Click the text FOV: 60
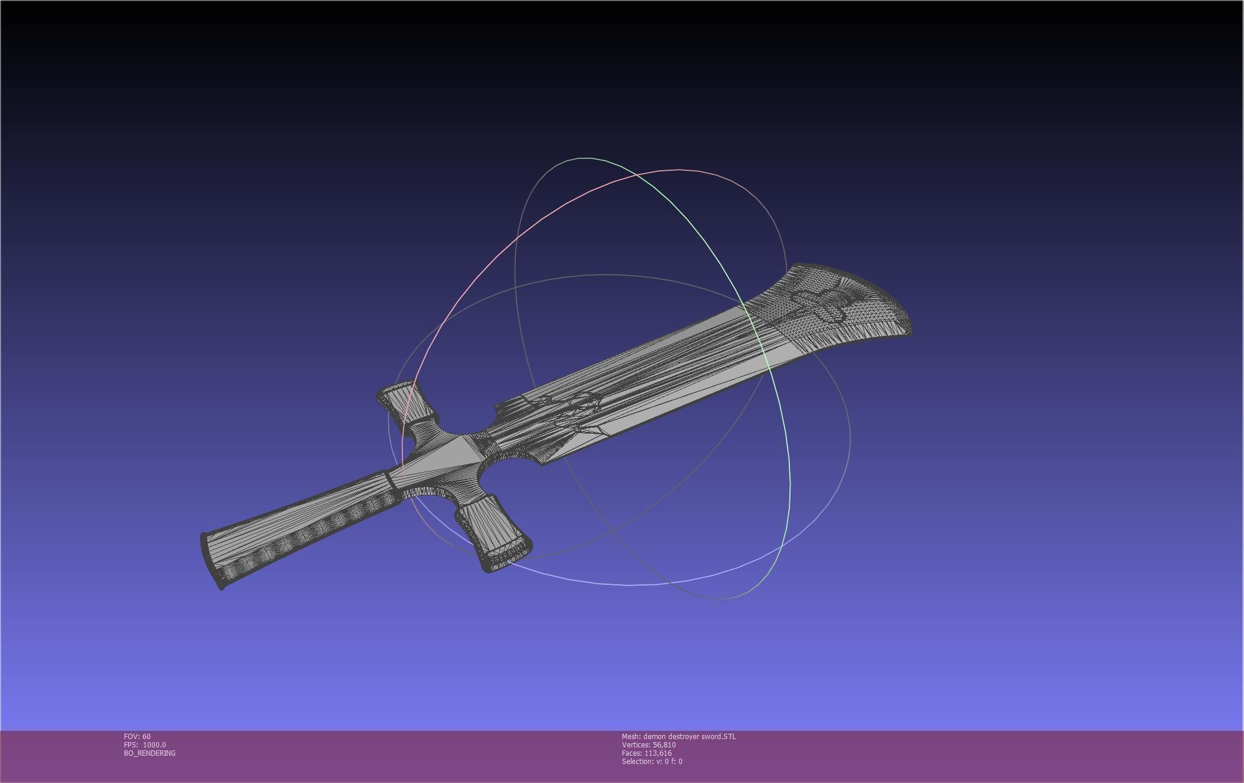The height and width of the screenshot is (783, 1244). [x=137, y=736]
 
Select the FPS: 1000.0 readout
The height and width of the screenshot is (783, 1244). [x=145, y=744]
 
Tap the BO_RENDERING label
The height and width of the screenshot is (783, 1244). [x=150, y=753]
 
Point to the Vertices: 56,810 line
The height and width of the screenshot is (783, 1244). [x=649, y=744]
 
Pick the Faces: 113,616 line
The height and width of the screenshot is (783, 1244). [x=646, y=753]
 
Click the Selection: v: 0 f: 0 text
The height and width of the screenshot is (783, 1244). [x=652, y=761]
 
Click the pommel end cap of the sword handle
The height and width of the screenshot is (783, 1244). [x=212, y=561]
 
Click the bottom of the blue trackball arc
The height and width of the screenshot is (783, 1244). [x=629, y=585]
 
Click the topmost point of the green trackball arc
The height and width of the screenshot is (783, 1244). [x=585, y=158]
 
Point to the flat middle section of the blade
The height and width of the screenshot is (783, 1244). [x=683, y=368]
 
